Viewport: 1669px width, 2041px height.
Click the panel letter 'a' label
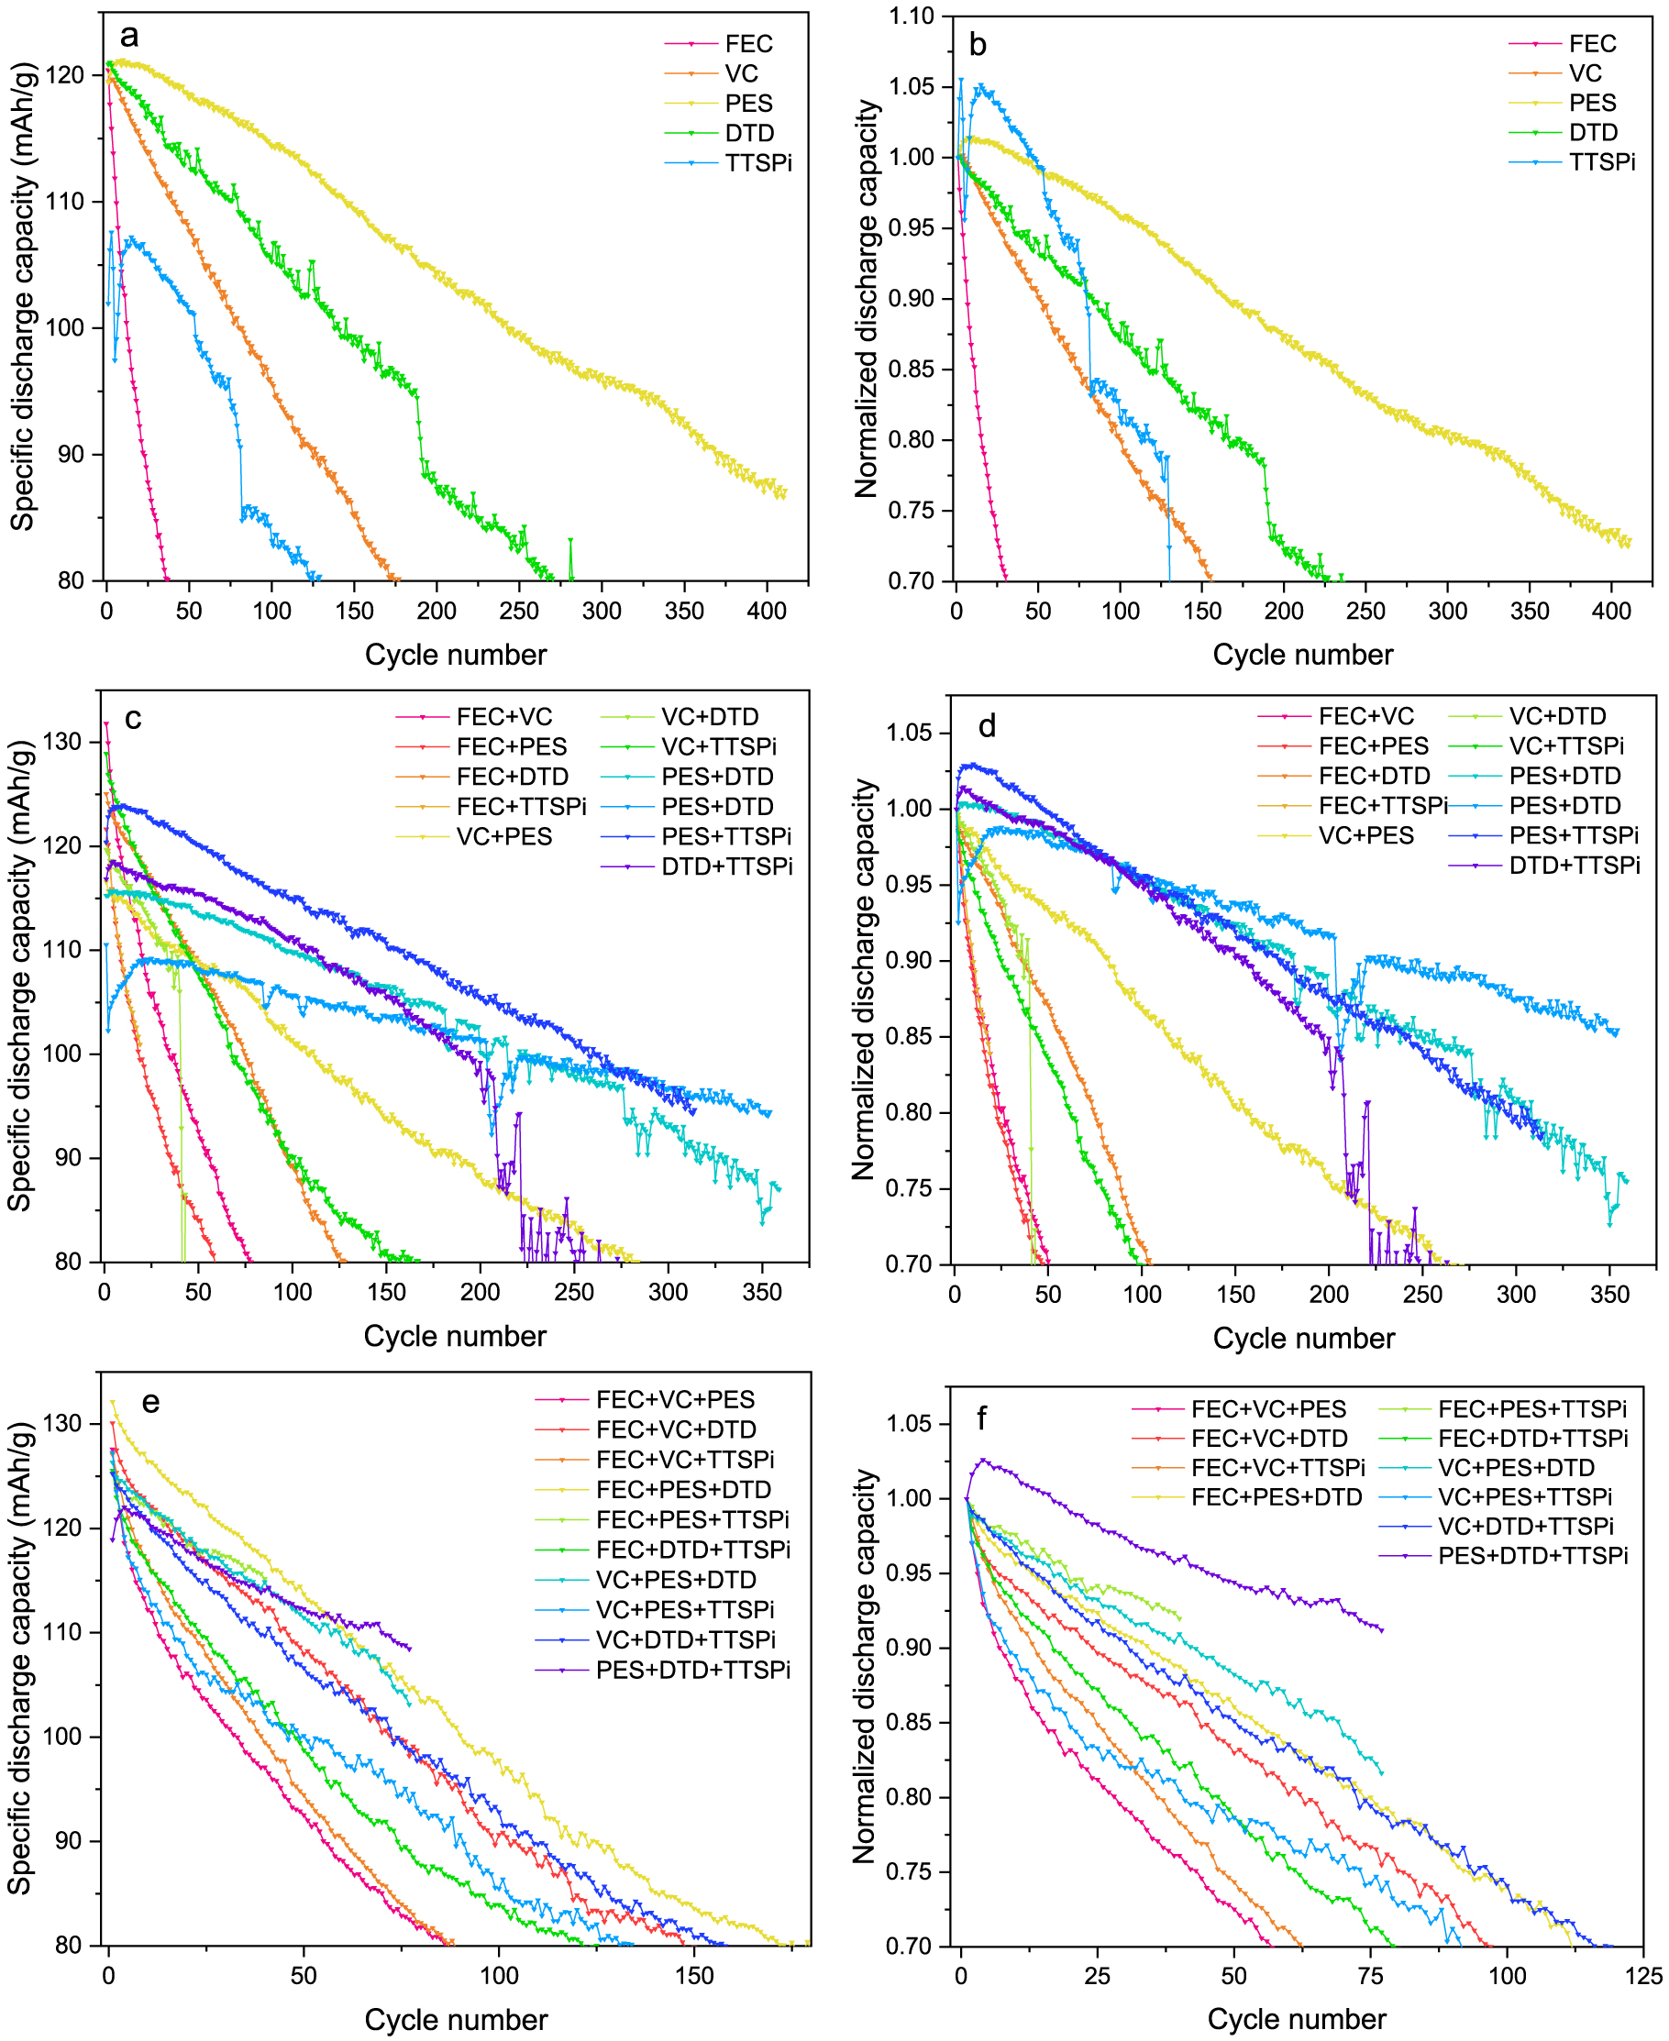[128, 37]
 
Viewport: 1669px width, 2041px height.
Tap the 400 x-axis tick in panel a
[767, 611]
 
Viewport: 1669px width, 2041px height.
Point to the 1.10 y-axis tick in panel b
[911, 17]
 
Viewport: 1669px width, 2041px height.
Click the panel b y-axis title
[867, 298]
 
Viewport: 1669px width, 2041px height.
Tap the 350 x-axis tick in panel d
[1609, 1294]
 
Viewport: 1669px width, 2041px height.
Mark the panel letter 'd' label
[987, 727]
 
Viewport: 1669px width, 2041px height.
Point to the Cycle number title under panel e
[455, 2020]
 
